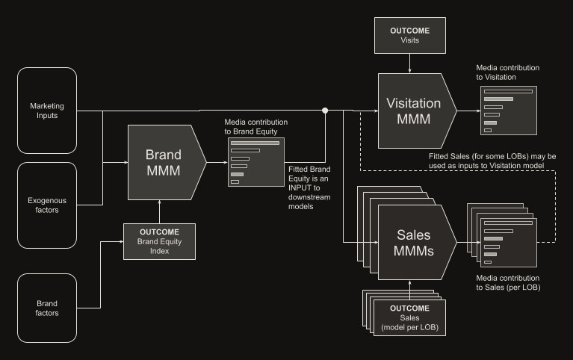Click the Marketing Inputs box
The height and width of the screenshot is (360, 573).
[47, 111]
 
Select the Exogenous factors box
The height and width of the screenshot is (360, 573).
[47, 205]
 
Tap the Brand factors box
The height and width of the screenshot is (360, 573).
[47, 308]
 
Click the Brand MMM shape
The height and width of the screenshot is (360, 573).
[167, 162]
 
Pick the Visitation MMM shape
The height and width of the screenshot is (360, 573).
[418, 111]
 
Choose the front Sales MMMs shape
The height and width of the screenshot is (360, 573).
[418, 242]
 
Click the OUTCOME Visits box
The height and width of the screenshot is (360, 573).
[409, 35]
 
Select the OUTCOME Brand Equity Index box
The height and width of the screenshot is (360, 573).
[159, 241]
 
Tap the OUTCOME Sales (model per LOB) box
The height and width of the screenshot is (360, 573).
[409, 317]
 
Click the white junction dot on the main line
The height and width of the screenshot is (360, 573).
[325, 111]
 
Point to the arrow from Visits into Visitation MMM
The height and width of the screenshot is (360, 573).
[409, 63]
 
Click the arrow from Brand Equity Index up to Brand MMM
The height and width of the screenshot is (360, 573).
[159, 211]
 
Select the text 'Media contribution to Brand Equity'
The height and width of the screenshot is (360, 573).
[255, 126]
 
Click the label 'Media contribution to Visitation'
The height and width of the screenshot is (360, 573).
[507, 72]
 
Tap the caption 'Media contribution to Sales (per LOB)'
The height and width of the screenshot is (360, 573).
[508, 282]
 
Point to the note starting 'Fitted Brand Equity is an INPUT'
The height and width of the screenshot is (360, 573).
[309, 188]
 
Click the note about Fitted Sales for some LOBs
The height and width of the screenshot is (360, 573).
[492, 161]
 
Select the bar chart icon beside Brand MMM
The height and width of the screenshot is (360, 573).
[256, 162]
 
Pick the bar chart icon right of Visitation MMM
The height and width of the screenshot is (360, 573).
[509, 111]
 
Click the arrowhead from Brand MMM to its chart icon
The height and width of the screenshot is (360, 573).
[226, 162]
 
